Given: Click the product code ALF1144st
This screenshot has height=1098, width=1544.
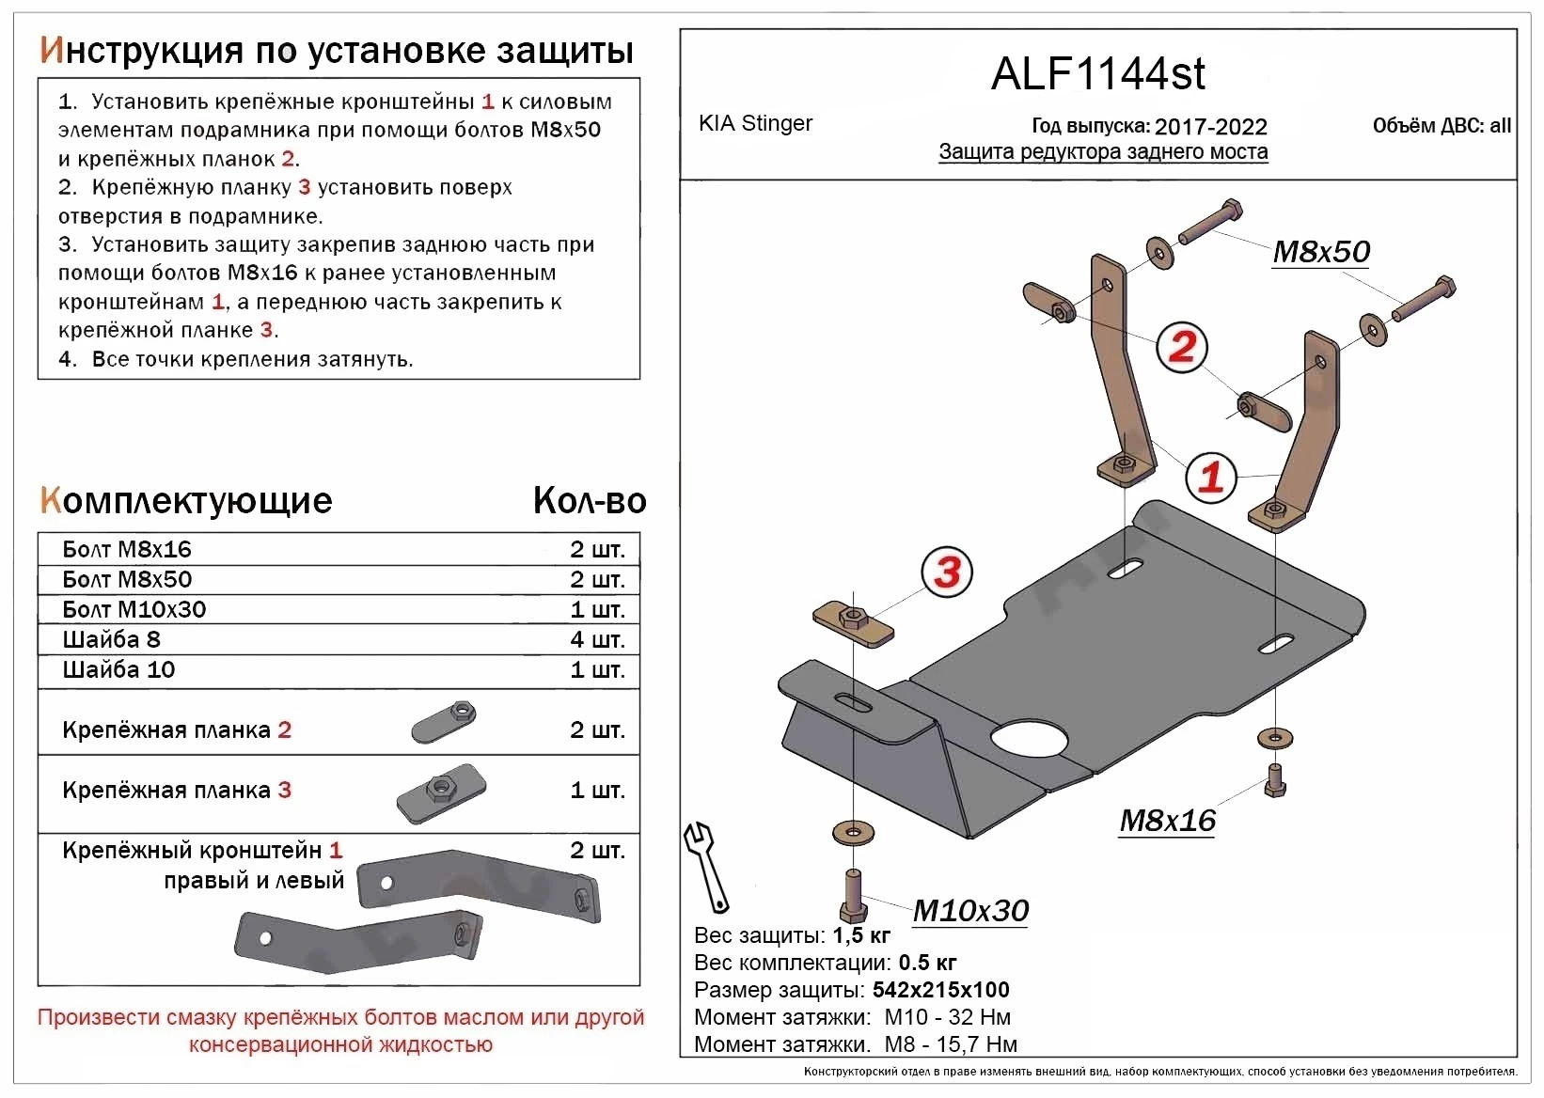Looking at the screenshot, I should [1097, 74].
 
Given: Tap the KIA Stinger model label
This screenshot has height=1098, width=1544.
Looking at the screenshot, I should [755, 123].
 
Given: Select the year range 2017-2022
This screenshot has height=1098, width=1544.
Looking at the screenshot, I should [1210, 127].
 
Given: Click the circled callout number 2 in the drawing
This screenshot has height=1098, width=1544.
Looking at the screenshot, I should [1181, 347].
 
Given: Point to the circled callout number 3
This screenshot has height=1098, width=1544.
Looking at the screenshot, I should [947, 572].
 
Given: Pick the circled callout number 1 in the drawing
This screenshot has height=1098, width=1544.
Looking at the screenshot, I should [1210, 477].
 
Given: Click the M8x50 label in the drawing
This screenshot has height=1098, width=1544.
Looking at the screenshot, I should [1320, 252].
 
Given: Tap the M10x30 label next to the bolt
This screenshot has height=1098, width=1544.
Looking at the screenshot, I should [970, 910].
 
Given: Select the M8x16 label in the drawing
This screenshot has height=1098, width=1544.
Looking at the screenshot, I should [1167, 821].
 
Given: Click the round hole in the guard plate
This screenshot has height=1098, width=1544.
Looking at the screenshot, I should [1029, 739].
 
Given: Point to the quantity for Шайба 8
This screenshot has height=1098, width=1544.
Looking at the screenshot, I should [597, 640].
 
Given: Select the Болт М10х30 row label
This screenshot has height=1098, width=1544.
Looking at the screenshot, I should [134, 610].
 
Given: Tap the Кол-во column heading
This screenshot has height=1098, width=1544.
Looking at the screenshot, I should [590, 501].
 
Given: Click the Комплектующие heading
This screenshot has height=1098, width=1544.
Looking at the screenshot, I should [186, 501].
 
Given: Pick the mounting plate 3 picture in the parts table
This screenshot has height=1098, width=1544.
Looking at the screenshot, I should [440, 792].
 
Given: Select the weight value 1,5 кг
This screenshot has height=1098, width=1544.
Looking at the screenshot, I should [861, 935].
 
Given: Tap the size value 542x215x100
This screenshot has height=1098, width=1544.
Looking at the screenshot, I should [940, 990].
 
